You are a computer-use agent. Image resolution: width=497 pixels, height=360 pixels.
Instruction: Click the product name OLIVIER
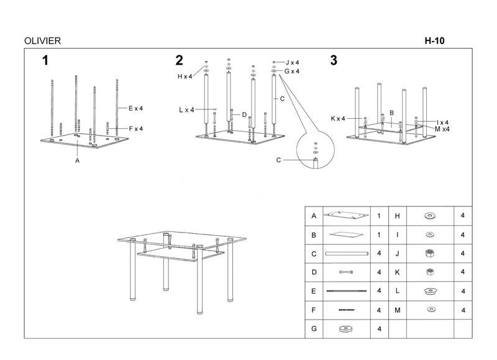point(42,41)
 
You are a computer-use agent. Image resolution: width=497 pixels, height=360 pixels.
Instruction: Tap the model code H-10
point(435,41)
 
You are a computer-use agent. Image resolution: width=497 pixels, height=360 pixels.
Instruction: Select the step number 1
point(45,60)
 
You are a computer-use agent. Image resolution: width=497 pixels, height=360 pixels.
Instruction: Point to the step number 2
point(179,60)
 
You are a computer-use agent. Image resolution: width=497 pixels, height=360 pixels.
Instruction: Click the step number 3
point(334,60)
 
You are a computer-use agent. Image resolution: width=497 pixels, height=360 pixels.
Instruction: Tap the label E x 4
point(135,108)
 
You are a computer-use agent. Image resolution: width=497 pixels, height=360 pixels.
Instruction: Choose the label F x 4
point(135,129)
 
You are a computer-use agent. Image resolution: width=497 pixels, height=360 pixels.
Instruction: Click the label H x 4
point(185,76)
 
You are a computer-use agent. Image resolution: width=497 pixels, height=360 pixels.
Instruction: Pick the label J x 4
point(293,63)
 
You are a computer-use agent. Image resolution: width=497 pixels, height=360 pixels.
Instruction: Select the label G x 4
point(293,72)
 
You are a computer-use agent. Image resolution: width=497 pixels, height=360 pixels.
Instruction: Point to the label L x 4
point(186,110)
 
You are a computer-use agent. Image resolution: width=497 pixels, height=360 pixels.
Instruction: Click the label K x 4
point(339,118)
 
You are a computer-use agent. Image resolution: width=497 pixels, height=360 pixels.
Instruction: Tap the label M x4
point(442,129)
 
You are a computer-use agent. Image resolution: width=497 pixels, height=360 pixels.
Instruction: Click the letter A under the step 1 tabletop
point(78,160)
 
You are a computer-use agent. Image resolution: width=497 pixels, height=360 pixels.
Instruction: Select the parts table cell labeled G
point(314,328)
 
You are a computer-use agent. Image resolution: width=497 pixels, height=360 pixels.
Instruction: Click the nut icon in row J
point(429,254)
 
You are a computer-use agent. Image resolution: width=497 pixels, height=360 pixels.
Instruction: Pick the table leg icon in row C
point(346,254)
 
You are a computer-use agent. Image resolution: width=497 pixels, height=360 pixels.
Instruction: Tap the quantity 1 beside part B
point(379,235)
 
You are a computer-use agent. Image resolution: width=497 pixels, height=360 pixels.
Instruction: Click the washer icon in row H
point(429,216)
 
